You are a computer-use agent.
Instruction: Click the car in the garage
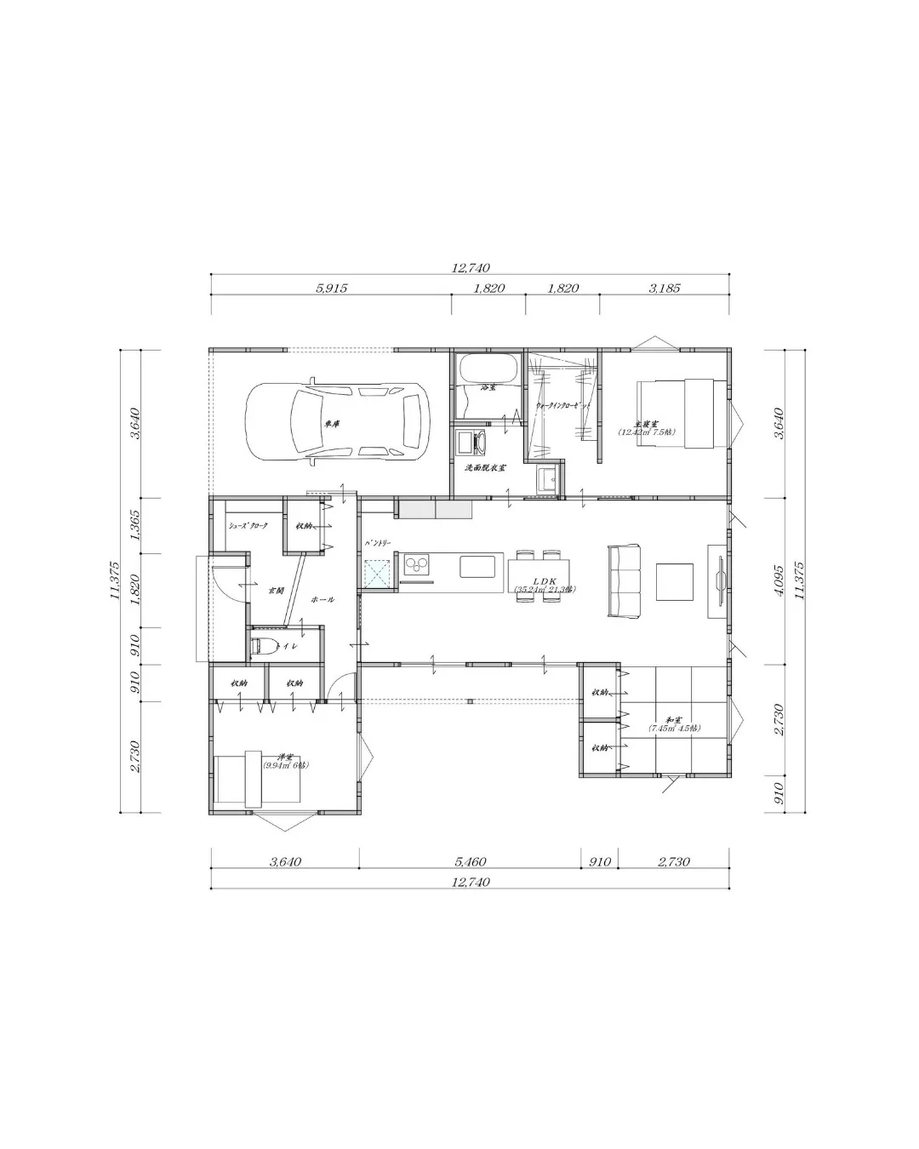click(337, 423)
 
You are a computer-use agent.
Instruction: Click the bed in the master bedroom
click(684, 412)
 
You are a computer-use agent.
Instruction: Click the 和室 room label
click(672, 720)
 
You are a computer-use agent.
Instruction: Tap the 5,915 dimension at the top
click(331, 289)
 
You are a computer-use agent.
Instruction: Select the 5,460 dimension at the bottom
click(469, 861)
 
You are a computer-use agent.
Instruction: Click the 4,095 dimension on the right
click(781, 582)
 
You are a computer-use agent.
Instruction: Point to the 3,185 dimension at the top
click(665, 289)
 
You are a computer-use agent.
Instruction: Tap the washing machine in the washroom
click(471, 443)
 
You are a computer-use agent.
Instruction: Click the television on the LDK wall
click(721, 581)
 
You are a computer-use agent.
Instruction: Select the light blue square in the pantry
click(377, 574)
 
